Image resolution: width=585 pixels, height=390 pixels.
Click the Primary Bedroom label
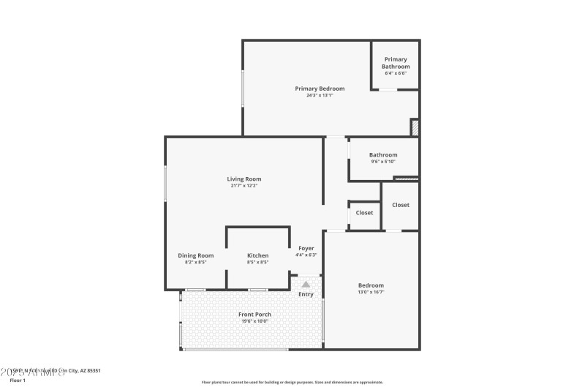[x=320, y=89]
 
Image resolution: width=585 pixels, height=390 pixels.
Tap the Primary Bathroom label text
[x=396, y=63]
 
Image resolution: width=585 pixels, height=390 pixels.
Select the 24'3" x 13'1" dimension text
[x=320, y=95]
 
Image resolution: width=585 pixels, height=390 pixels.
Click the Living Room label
[x=244, y=179]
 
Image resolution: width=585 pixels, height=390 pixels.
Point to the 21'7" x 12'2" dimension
[x=244, y=186]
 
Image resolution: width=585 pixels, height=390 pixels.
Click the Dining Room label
[x=196, y=255]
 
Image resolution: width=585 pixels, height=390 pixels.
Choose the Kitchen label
[x=257, y=255]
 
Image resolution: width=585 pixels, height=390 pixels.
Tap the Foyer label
[x=306, y=248]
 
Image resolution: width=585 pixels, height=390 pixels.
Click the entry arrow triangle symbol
[x=306, y=284]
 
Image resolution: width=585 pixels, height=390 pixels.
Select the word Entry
[x=306, y=294]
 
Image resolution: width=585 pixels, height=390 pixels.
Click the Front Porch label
[x=254, y=314]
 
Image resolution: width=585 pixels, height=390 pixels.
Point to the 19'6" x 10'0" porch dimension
[x=254, y=320]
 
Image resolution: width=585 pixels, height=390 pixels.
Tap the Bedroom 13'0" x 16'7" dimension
[x=371, y=292]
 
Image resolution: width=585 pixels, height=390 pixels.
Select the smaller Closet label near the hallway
[x=364, y=213]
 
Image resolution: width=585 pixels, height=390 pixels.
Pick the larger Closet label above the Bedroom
[x=401, y=205]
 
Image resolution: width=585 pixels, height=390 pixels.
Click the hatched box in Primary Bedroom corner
[x=414, y=127]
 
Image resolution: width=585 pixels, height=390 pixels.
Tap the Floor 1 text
[x=18, y=380]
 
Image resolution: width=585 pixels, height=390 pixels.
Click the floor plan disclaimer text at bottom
[x=292, y=382]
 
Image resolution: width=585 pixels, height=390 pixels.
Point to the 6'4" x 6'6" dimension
[x=396, y=73]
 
